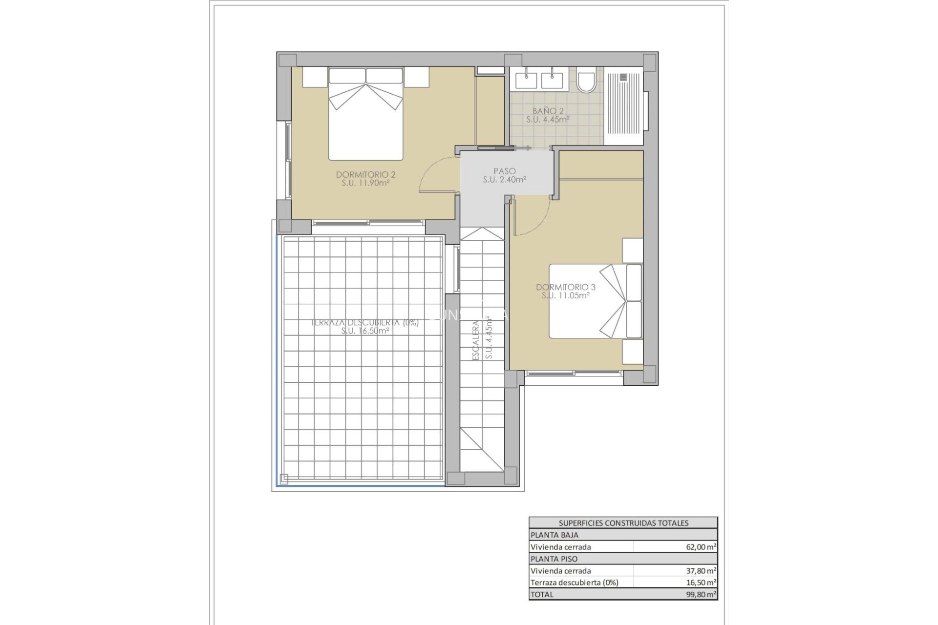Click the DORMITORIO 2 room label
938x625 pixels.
(365, 175)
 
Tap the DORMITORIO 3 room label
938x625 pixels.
(565, 287)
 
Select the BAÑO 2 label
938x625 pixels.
(548, 111)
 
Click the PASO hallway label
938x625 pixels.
(504, 171)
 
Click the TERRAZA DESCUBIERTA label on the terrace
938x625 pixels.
(365, 323)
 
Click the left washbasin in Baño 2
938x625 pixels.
(525, 79)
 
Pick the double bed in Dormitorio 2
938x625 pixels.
(365, 115)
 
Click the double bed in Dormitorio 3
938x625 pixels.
(595, 301)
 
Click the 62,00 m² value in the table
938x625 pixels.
(701, 547)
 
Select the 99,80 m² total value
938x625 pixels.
(701, 594)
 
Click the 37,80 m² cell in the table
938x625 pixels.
(701, 571)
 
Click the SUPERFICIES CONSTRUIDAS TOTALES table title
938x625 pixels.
(623, 523)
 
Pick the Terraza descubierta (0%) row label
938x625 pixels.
(575, 583)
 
